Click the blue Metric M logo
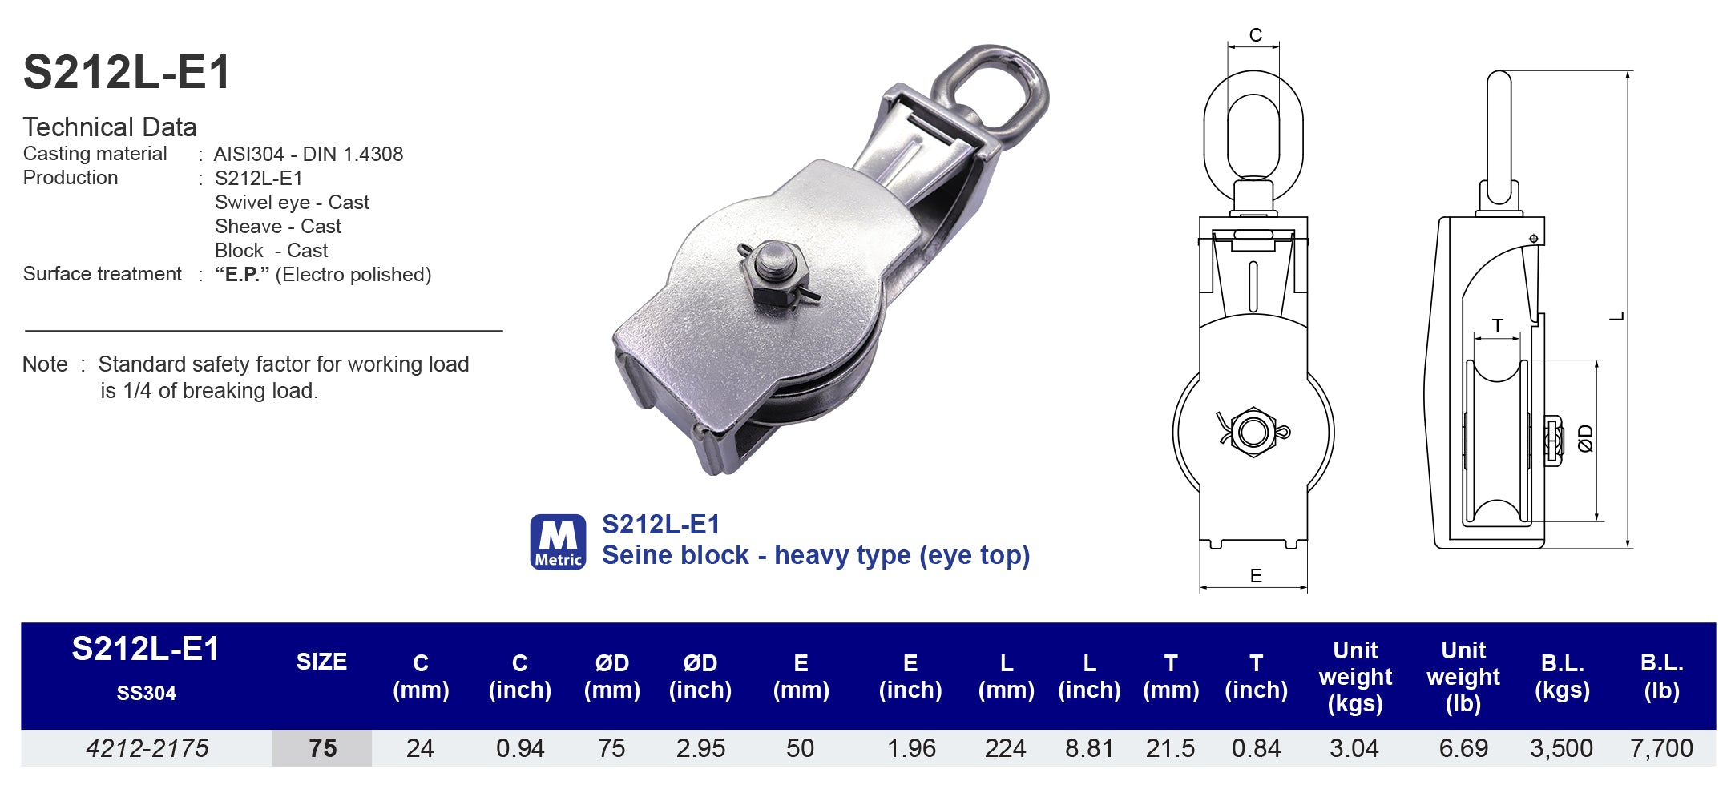(x=558, y=541)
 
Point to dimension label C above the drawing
(x=1255, y=35)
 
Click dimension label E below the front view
(x=1255, y=575)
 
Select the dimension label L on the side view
(x=1617, y=316)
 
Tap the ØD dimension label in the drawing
(x=1584, y=438)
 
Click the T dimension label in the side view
(x=1497, y=325)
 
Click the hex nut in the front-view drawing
(x=1253, y=433)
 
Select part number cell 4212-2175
(x=147, y=748)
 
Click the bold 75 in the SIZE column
(x=322, y=748)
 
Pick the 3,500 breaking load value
(x=1560, y=748)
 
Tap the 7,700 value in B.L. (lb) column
(x=1661, y=748)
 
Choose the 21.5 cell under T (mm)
(x=1170, y=748)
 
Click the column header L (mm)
(x=1006, y=676)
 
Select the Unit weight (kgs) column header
(x=1355, y=676)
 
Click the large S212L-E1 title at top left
(x=127, y=72)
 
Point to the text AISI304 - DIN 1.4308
(x=309, y=154)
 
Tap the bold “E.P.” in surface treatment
(x=241, y=275)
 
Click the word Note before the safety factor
(x=45, y=364)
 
